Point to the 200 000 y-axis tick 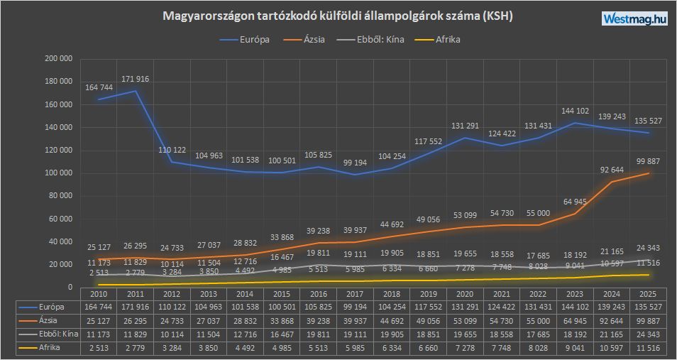click(x=58, y=59)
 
